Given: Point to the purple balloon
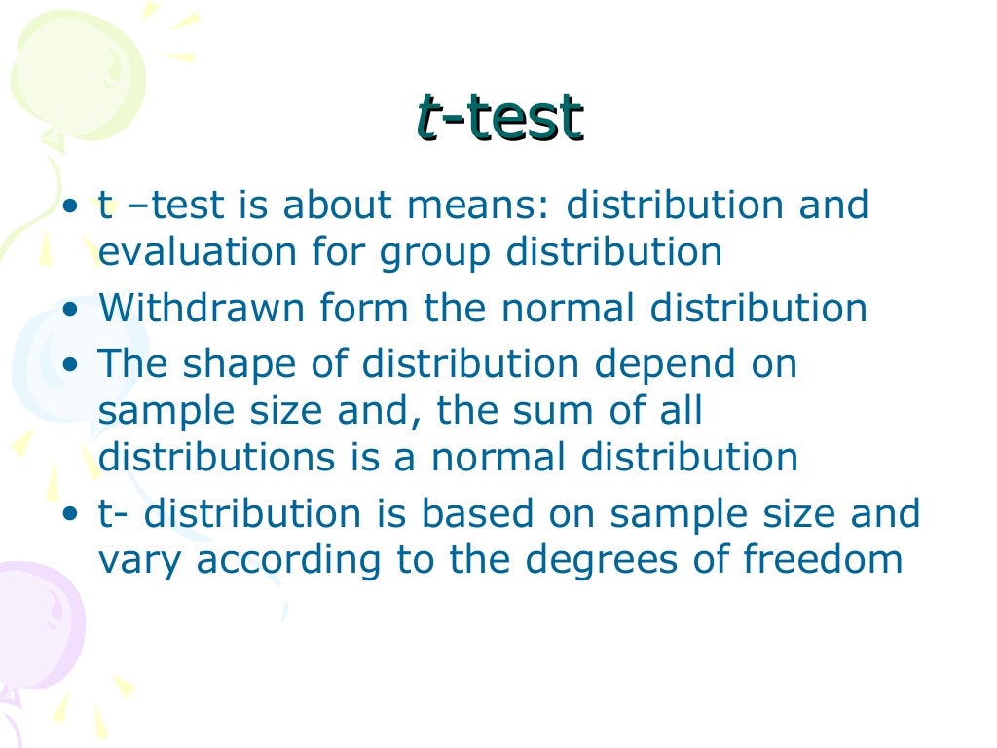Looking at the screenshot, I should click(x=39, y=623).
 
